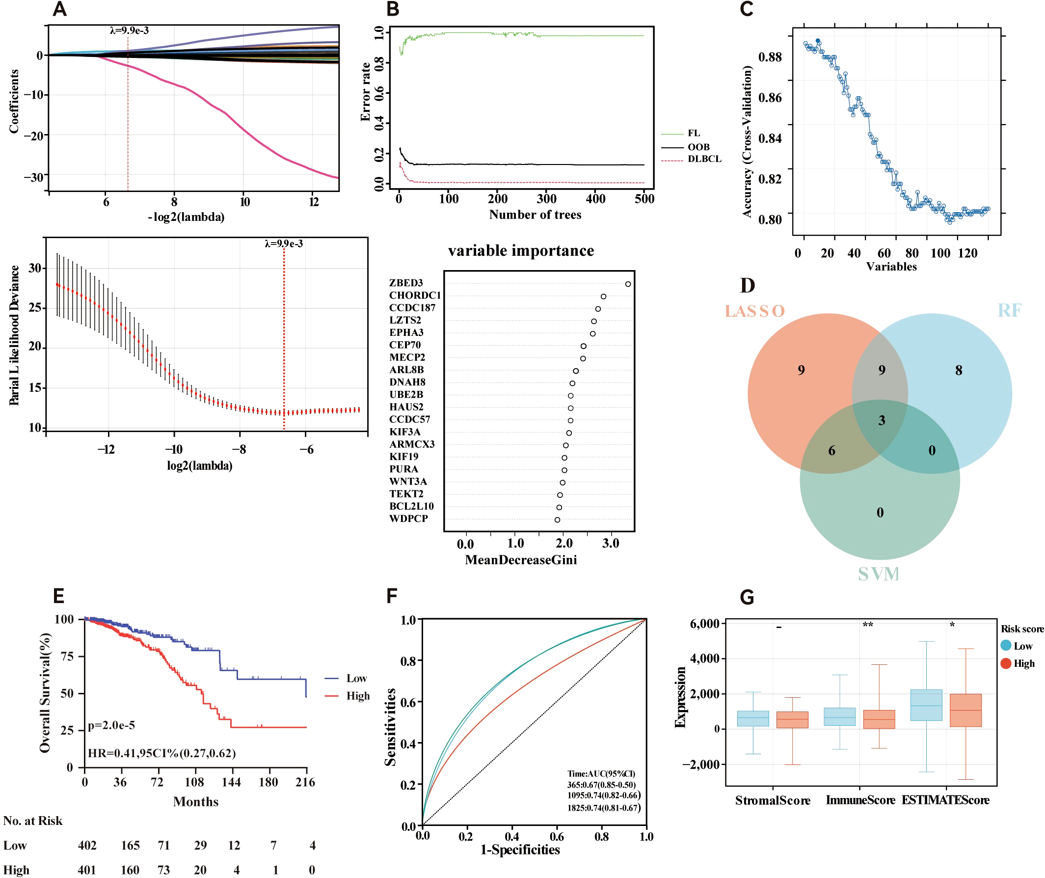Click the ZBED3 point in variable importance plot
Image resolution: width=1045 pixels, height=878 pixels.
628,284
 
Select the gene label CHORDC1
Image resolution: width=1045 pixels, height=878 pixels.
415,295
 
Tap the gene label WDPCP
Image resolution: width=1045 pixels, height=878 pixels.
408,519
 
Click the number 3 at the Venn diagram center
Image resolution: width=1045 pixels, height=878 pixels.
882,420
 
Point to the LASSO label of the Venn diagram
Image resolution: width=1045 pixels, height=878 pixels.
754,311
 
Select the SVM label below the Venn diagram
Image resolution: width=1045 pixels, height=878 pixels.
879,575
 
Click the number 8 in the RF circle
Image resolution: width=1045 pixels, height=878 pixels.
959,370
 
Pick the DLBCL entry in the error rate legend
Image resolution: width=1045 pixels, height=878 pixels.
704,159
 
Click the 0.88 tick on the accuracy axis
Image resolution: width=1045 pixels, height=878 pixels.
770,57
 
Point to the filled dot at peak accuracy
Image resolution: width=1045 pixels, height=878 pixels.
818,41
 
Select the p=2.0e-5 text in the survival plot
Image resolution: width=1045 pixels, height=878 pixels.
111,725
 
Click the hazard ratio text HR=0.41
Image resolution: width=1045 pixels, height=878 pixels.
161,753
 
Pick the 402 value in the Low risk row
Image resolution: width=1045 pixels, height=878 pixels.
87,846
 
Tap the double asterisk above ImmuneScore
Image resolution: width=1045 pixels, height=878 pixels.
868,625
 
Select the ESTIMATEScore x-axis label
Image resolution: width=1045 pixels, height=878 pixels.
945,800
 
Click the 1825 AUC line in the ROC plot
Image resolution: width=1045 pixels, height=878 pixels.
604,808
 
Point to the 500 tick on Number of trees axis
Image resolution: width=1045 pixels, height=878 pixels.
644,199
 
